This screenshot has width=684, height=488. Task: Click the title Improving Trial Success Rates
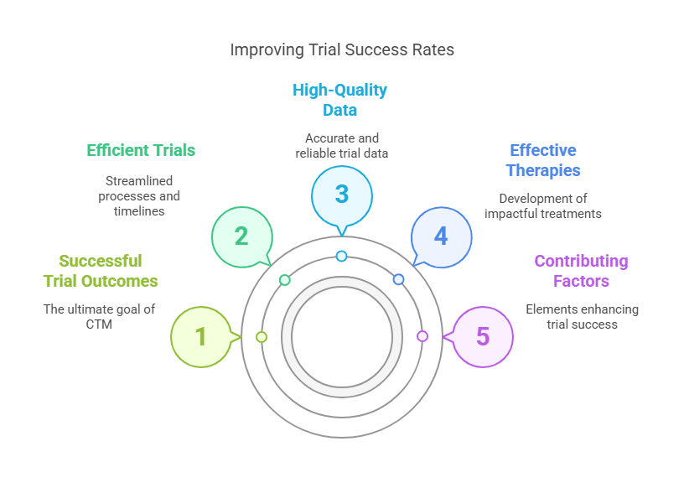(x=342, y=50)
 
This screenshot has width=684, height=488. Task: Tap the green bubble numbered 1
(x=201, y=336)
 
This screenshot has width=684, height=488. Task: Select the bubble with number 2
(x=241, y=236)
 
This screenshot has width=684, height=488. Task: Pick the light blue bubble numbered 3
(x=342, y=194)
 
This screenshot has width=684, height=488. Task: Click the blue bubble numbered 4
(x=442, y=236)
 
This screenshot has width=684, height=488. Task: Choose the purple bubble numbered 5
(x=483, y=336)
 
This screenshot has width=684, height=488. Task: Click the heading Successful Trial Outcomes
(x=101, y=271)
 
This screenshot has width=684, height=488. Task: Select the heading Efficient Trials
(x=141, y=151)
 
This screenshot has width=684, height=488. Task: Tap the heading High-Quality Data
(x=339, y=100)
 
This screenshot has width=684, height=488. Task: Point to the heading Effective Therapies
(x=543, y=160)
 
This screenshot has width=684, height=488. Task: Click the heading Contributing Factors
(x=581, y=271)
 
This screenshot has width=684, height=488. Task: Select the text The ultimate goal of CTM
(x=99, y=317)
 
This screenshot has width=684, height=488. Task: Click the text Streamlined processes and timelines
(x=139, y=196)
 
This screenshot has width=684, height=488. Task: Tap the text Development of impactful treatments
(x=543, y=206)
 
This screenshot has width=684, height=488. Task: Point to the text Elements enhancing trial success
(x=582, y=317)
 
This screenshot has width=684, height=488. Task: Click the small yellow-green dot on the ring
(x=262, y=337)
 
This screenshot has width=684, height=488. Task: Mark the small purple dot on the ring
(x=422, y=336)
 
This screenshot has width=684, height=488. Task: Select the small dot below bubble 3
(x=341, y=256)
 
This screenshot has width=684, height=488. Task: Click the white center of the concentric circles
(x=342, y=336)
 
